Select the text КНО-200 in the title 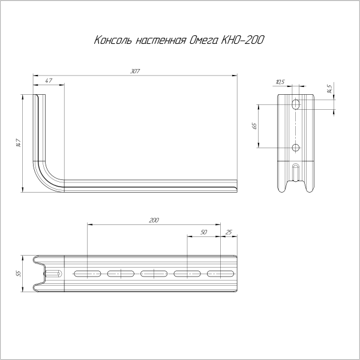(x=244, y=41)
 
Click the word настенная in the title (x=158, y=41)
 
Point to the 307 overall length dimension (x=134, y=71)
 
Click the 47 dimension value (x=49, y=80)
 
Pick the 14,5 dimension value (x=329, y=90)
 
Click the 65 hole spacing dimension (x=254, y=126)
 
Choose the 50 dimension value (x=203, y=232)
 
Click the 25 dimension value (x=228, y=232)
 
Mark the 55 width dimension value (x=19, y=274)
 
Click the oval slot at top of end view (x=296, y=104)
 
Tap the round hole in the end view (x=296, y=148)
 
